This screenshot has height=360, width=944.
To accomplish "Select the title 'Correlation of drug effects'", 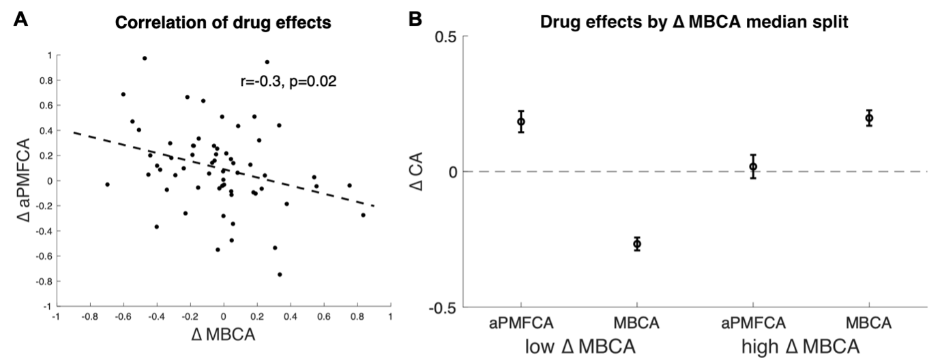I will click(223, 23).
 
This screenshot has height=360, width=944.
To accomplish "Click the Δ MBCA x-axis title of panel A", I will click(223, 336).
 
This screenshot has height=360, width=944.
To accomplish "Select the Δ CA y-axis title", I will click(421, 172).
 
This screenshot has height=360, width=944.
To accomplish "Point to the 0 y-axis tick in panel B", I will click(452, 172).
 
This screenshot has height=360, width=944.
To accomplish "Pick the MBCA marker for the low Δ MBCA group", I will click(637, 243).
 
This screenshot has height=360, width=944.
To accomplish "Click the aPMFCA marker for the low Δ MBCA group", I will click(521, 121).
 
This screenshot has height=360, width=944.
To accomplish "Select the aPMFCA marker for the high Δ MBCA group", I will click(753, 166).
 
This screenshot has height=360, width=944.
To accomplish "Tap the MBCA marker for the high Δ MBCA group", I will click(869, 118).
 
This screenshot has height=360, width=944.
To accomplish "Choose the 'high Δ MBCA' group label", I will click(811, 346).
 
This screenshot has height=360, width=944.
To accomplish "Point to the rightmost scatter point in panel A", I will click(363, 215).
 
